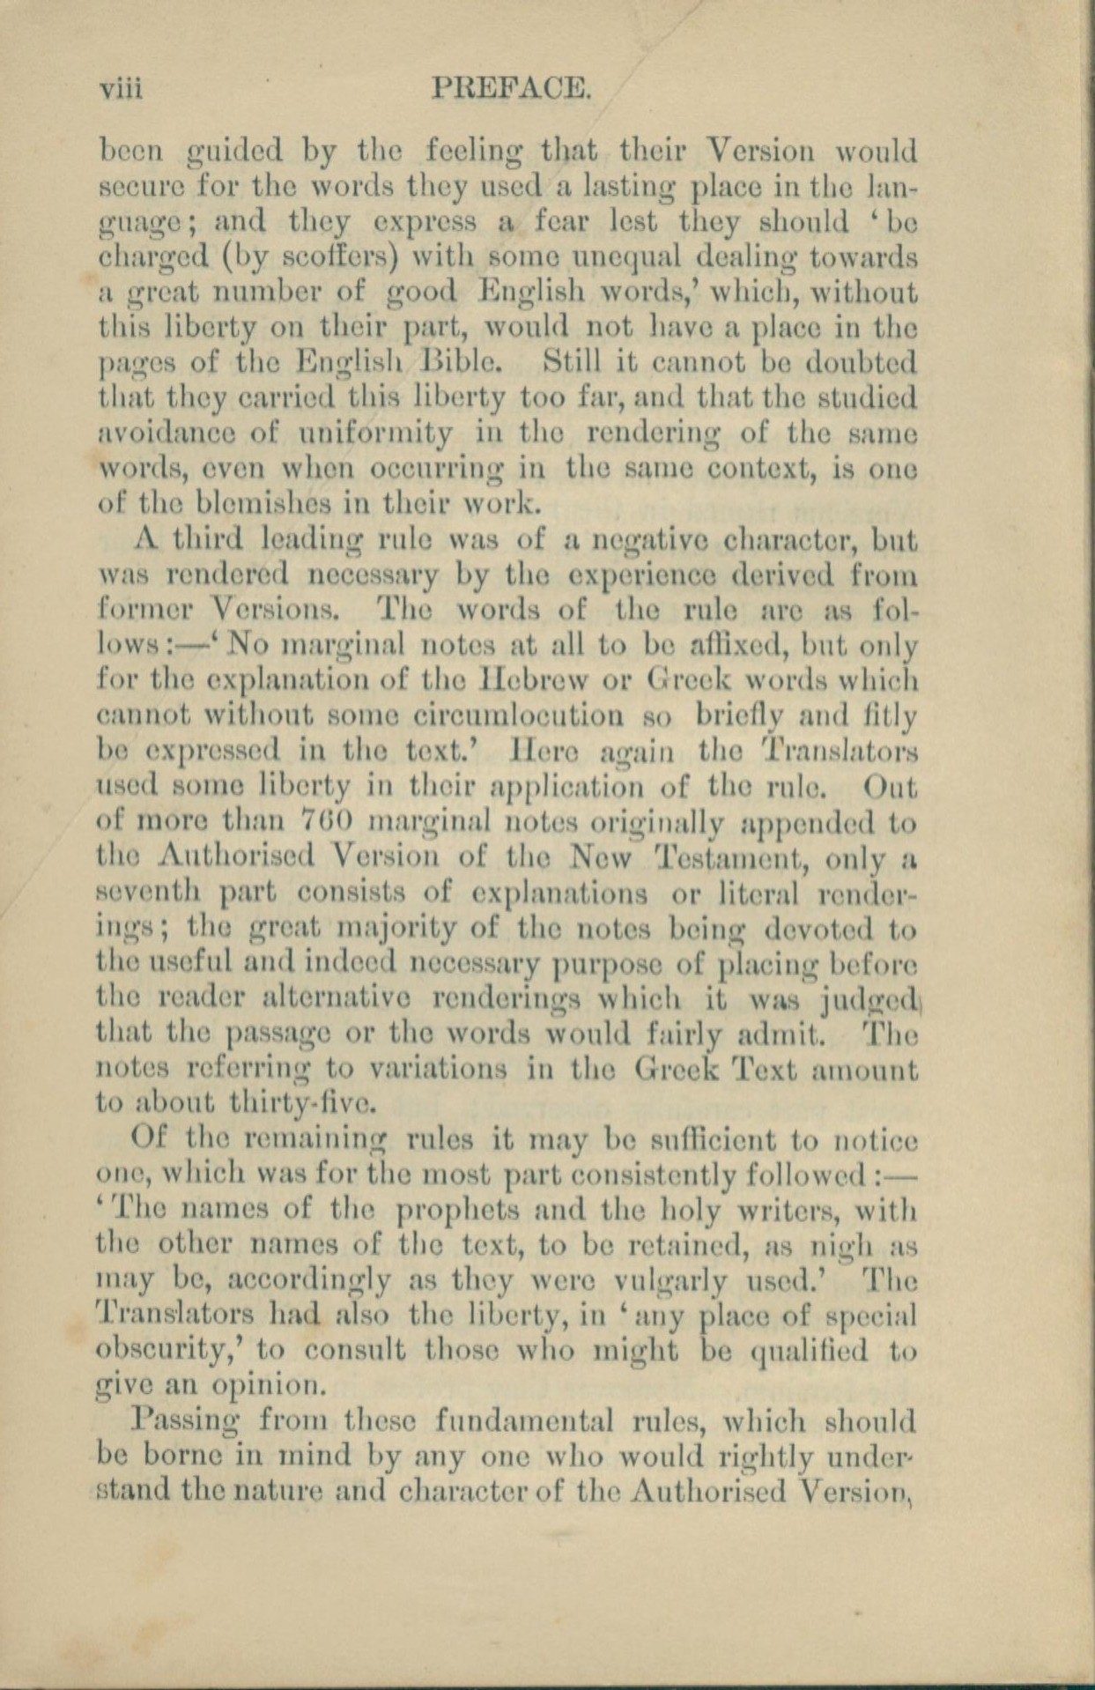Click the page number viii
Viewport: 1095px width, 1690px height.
coord(122,89)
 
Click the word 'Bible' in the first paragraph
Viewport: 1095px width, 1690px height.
coord(477,362)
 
